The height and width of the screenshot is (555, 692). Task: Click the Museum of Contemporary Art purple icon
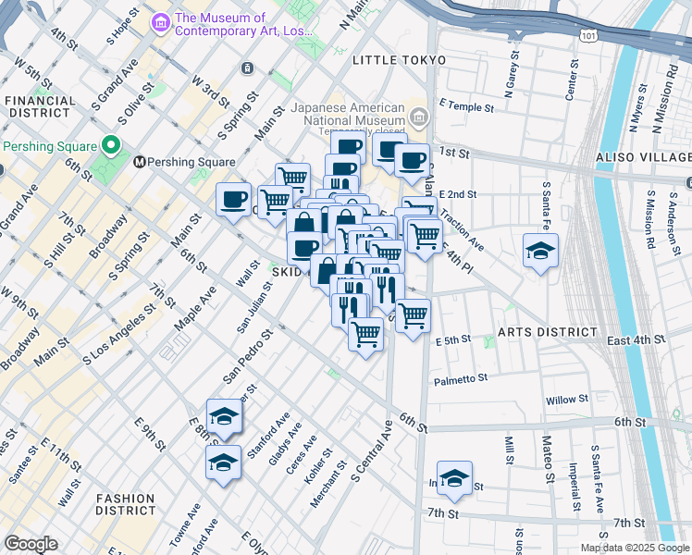point(161,19)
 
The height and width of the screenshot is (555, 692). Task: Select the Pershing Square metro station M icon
point(141,162)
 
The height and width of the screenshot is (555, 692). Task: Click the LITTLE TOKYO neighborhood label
point(399,60)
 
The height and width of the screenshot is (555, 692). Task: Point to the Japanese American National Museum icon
point(419,116)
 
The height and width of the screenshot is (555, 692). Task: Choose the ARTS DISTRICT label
point(547,332)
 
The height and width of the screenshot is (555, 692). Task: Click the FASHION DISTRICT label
point(125,504)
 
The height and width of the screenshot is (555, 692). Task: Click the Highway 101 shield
point(589,36)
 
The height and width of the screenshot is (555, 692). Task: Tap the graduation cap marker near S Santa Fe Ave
point(540,251)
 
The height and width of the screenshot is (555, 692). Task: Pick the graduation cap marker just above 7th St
point(454,478)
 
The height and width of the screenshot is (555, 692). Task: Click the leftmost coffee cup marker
point(233,199)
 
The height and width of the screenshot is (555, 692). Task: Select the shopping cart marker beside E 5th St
point(413,314)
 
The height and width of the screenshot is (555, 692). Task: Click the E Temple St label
point(466,107)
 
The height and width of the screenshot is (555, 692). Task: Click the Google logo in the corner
point(31,544)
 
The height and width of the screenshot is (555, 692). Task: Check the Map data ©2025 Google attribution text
point(634,548)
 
